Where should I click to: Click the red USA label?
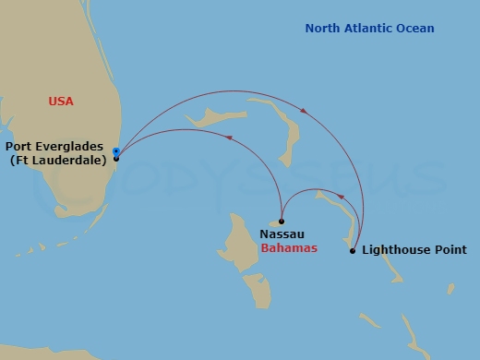pyautogui.click(x=61, y=102)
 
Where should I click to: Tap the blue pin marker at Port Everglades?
pyautogui.click(x=115, y=151)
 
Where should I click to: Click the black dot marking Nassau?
pyautogui.click(x=282, y=222)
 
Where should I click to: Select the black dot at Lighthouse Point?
pyautogui.click(x=353, y=250)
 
